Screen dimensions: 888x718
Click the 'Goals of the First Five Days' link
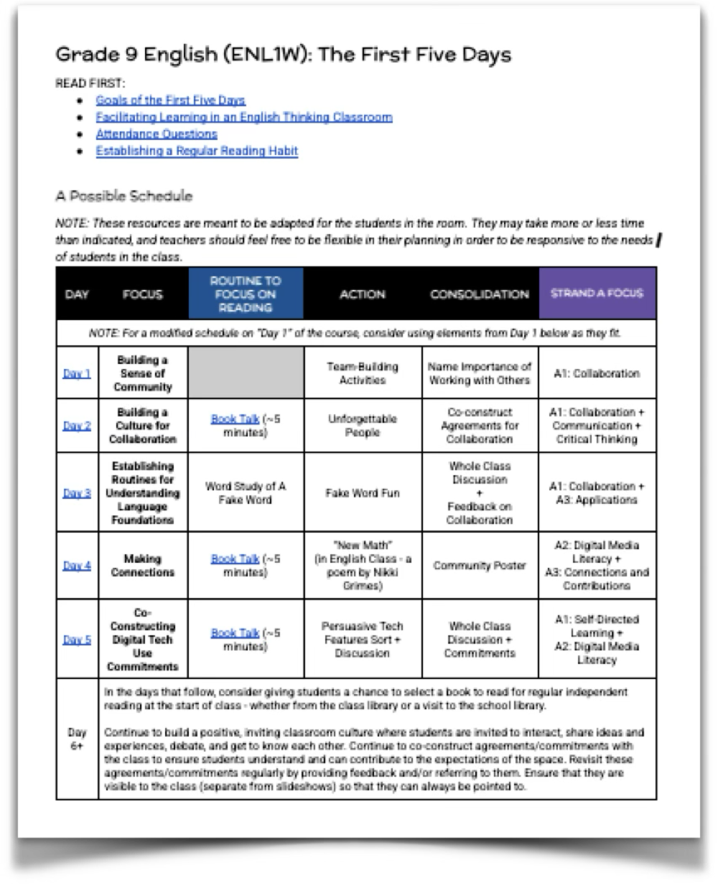point(170,100)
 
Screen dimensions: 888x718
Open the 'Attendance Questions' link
point(156,134)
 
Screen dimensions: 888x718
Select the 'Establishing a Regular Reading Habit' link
point(196,151)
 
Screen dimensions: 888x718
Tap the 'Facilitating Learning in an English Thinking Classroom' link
point(243,117)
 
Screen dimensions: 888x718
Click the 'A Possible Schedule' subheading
point(123,196)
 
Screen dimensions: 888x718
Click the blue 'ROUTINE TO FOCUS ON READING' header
point(245,294)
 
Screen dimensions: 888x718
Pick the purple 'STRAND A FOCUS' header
point(597,293)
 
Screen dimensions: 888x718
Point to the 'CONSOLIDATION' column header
point(479,294)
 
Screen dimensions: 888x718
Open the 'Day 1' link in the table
point(77,374)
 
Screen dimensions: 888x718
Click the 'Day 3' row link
point(77,493)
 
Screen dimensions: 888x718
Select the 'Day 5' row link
point(77,640)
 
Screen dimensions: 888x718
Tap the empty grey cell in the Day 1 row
point(245,373)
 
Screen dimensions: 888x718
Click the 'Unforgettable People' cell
point(362,426)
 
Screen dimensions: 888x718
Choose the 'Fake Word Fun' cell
point(362,493)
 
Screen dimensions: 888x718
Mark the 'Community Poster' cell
point(479,566)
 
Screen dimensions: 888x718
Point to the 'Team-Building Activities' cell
point(362,373)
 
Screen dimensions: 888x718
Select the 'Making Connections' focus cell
point(142,566)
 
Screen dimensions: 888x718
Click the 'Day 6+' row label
point(77,739)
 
